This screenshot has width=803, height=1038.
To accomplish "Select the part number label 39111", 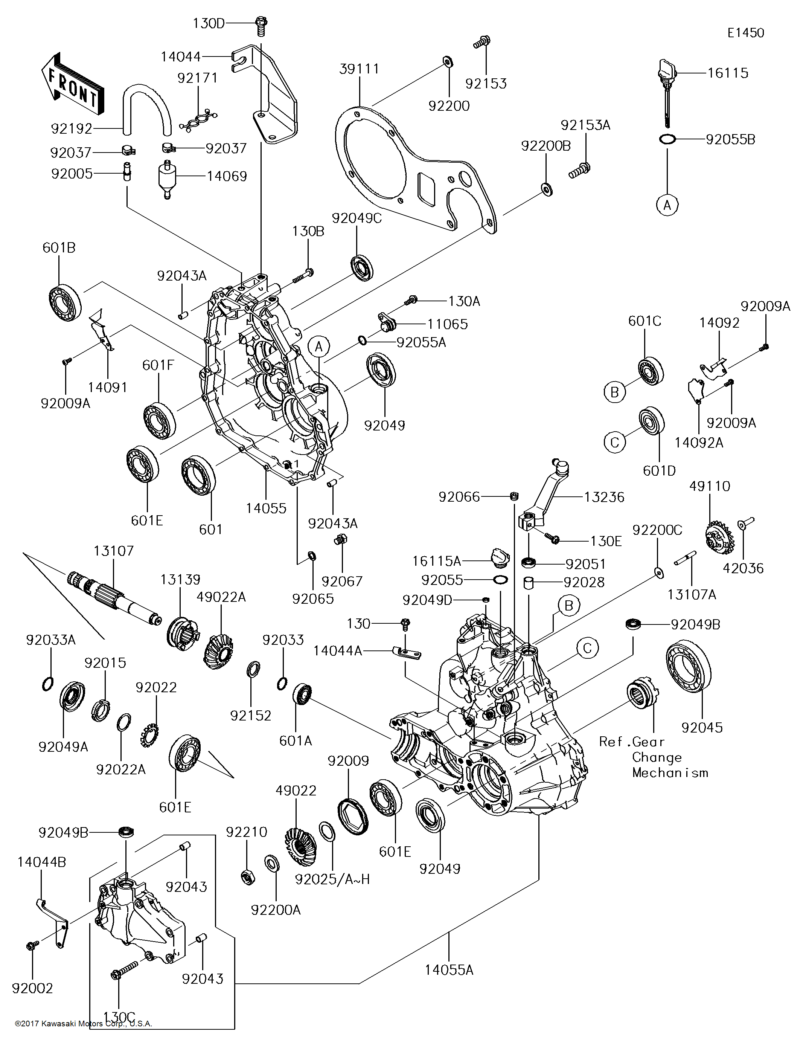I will coord(359,69).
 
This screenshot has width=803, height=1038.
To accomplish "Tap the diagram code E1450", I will coord(745,33).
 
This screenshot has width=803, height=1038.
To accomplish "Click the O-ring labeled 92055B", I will coord(667,139).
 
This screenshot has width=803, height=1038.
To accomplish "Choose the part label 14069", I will coord(227,176).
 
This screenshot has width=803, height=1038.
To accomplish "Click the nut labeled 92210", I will coord(247,876).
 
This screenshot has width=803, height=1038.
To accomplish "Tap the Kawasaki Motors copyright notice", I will coord(83,1023).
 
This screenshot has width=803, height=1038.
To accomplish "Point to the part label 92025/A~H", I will coord(332,879).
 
